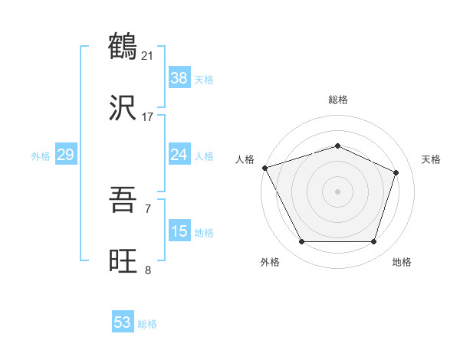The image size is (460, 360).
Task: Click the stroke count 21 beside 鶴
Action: pyautogui.click(x=149, y=55)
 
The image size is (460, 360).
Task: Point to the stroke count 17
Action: pyautogui.click(x=148, y=117)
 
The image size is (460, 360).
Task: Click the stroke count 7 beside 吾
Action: pyautogui.click(x=148, y=208)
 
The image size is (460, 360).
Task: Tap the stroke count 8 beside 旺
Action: pyautogui.click(x=148, y=270)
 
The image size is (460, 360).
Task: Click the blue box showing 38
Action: pyautogui.click(x=179, y=77)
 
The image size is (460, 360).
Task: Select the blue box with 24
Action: pyautogui.click(x=179, y=155)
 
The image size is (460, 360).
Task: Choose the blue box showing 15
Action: pyautogui.click(x=179, y=231)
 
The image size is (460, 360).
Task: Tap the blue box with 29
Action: pyautogui.click(x=65, y=155)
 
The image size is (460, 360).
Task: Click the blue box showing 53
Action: pyautogui.click(x=123, y=322)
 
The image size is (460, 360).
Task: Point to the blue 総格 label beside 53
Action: pyautogui.click(x=147, y=324)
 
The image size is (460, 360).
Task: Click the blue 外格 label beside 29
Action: pyautogui.click(x=41, y=155)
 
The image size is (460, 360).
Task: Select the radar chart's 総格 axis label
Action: pyautogui.click(x=337, y=100)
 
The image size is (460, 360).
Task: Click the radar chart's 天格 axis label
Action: pyautogui.click(x=431, y=159)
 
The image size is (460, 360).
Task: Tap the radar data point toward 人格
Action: pyautogui.click(x=264, y=168)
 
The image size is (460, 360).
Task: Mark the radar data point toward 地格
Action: pyautogui.click(x=374, y=242)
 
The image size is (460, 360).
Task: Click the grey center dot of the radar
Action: pyautogui.click(x=337, y=191)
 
